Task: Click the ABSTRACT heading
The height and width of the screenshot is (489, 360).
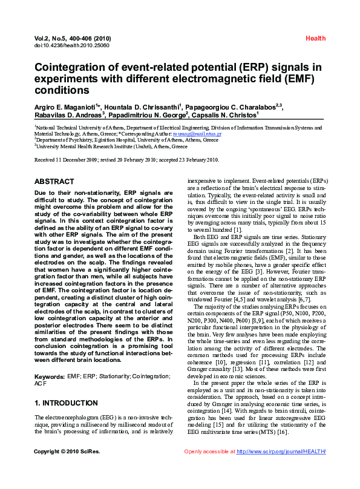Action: [54, 182]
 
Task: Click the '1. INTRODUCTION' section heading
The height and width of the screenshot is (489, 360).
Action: [66, 403]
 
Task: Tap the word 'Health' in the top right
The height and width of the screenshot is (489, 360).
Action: [315, 38]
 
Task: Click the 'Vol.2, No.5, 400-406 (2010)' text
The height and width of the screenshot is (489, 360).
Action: [73, 38]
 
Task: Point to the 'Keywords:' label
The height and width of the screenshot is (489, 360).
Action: [50, 376]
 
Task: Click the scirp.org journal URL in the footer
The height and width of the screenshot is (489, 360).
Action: [281, 468]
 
